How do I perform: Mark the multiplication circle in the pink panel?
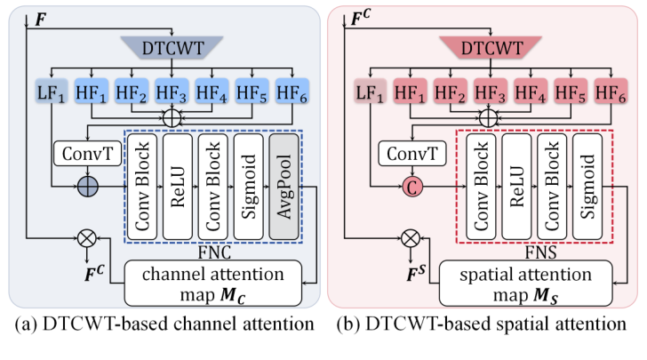click(409, 238)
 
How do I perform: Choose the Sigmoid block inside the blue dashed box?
click(247, 187)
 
